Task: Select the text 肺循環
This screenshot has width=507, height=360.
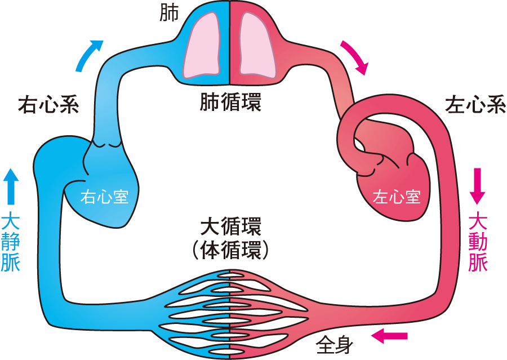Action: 231,103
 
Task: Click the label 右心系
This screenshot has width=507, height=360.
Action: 48,105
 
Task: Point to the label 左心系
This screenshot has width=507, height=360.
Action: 475,105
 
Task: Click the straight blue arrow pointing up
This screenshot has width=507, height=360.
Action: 11,186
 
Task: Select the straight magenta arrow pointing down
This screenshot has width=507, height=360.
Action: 478,186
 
